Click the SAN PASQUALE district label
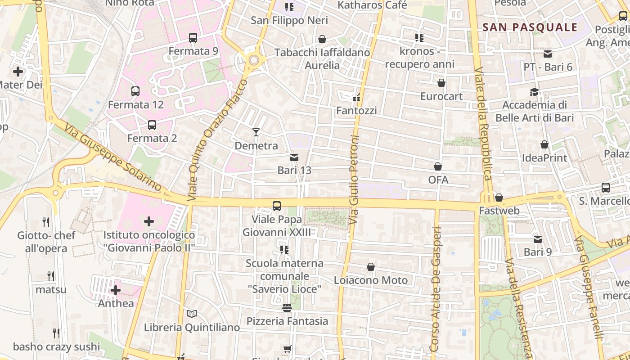(530, 27)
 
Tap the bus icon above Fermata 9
(193, 38)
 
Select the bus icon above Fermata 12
(135, 91)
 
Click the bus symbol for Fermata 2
(152, 125)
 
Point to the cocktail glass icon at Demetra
(256, 132)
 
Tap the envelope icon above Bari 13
(294, 157)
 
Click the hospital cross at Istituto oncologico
(149, 221)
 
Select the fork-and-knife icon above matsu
(51, 276)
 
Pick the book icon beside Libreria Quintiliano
(192, 314)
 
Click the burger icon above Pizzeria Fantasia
(287, 308)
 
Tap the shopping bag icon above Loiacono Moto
(371, 267)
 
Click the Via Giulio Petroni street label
(354, 180)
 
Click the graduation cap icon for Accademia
(534, 92)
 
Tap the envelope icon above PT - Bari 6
(548, 54)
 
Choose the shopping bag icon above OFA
(438, 166)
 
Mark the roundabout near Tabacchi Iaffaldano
(254, 60)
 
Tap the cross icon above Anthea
(116, 290)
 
